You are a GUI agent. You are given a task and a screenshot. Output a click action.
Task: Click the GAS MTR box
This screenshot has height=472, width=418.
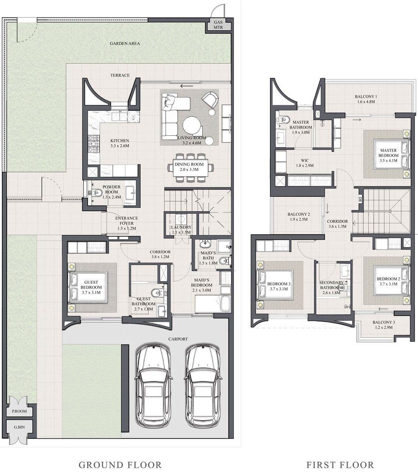[218, 25]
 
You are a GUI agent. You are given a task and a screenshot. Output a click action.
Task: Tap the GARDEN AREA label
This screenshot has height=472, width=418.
[125, 43]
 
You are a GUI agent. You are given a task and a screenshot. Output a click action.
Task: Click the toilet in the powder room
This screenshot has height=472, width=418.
[97, 193]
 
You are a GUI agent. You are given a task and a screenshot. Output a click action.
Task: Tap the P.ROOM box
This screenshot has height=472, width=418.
[19, 411]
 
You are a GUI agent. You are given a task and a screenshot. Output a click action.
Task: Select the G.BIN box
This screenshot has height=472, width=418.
[19, 428]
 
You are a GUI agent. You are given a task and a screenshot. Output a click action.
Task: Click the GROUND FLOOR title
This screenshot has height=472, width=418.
[120, 464]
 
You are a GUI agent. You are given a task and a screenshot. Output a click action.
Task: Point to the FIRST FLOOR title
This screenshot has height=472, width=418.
[340, 464]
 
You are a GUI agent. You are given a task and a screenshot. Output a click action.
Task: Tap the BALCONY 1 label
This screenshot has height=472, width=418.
[366, 99]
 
